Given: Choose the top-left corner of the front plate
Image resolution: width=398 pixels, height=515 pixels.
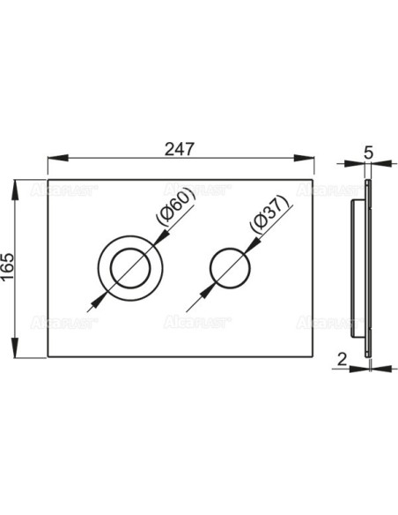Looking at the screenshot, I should (47, 183).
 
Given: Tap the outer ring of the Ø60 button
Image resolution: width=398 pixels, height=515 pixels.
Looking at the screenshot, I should (102, 265).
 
